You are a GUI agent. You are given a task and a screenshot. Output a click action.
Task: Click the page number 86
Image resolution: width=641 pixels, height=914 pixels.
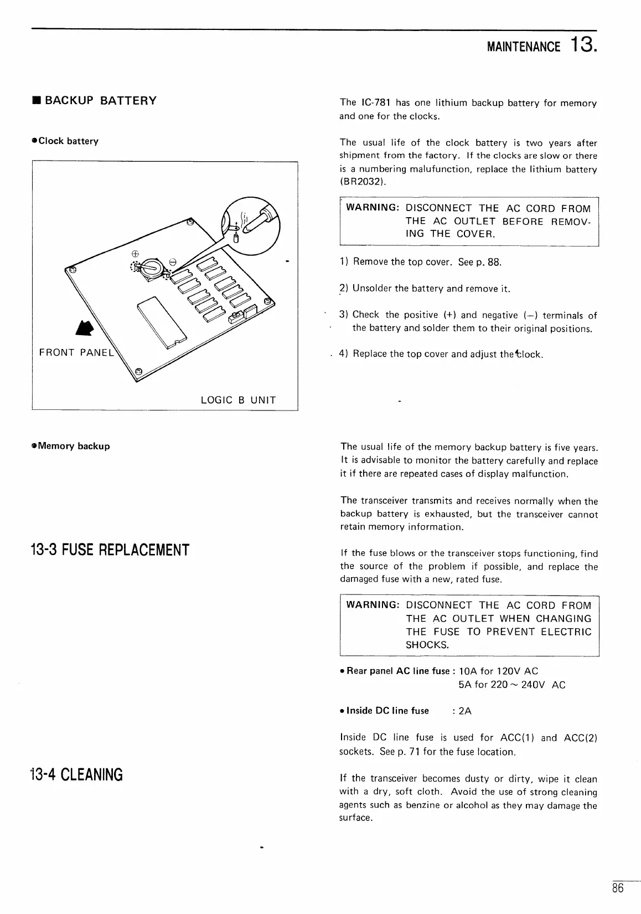click(618, 888)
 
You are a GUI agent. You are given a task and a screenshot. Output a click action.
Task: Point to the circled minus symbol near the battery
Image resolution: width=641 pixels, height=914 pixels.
click(172, 260)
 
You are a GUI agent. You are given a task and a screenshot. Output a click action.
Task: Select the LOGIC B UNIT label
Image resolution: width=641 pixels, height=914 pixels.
click(238, 400)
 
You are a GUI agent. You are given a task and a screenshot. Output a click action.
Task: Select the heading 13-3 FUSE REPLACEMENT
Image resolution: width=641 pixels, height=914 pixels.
click(110, 550)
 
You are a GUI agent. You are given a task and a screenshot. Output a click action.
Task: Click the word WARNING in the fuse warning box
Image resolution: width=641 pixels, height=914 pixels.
click(373, 605)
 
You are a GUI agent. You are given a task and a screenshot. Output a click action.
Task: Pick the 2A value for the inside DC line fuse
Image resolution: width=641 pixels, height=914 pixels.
click(465, 711)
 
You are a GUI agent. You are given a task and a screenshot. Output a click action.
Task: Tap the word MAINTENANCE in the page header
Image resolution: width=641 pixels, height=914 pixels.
click(523, 46)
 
